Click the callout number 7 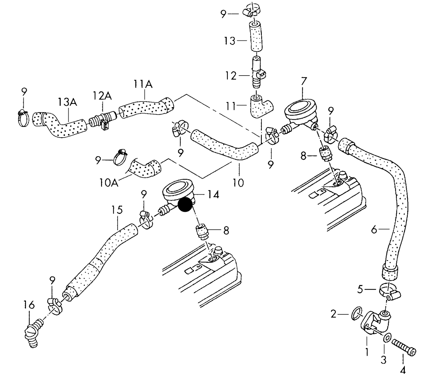[x=304, y=81]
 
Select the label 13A [x=67, y=102]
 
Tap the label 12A [x=102, y=96]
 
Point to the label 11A [x=143, y=85]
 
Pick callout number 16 [x=29, y=305]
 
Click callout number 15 [x=117, y=210]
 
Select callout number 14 [x=213, y=195]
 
